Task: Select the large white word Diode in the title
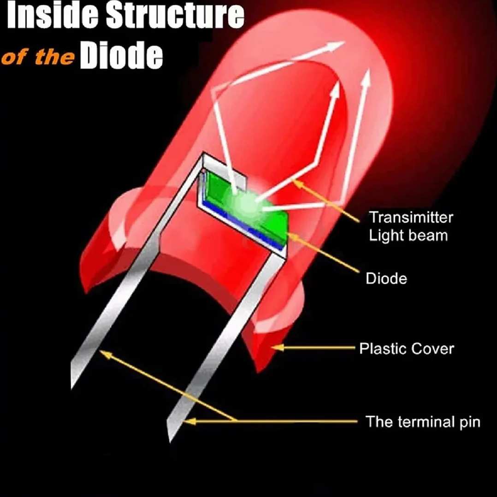tap(121, 55)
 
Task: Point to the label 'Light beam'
tap(408, 236)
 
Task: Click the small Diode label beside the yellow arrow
tap(386, 278)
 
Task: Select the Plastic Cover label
tap(407, 349)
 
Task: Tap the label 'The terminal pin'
tap(423, 422)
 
